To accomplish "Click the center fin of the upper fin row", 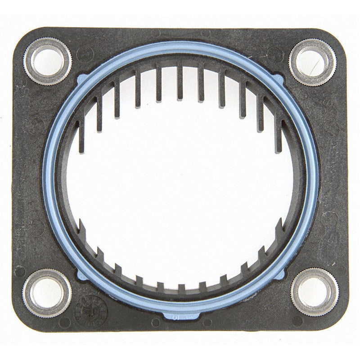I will coord(180,81).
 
